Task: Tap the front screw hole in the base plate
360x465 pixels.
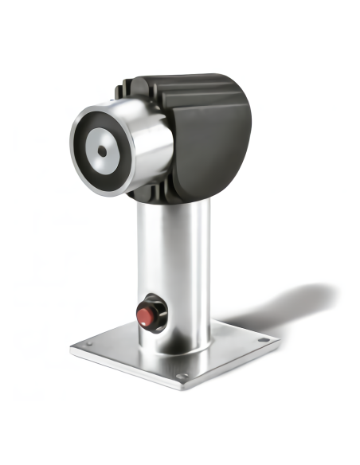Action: coord(182,375)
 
